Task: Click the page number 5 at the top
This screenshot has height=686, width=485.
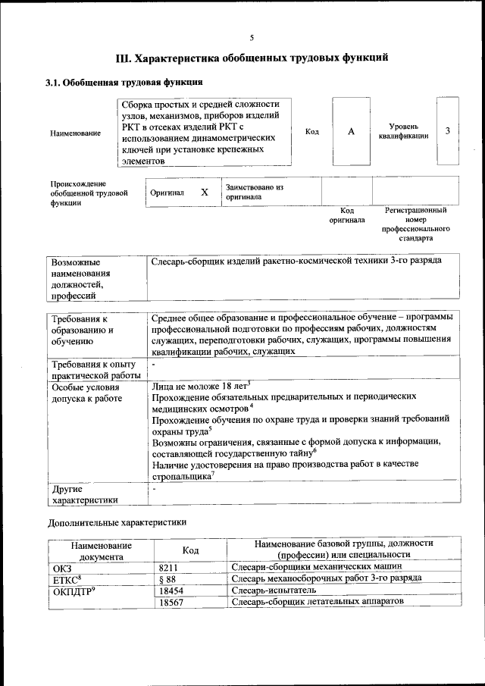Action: click(x=252, y=38)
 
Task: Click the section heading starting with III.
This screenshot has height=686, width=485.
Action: click(x=252, y=58)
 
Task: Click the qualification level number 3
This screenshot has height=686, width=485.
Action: click(x=448, y=131)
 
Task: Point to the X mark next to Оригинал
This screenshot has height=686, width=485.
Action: click(x=204, y=193)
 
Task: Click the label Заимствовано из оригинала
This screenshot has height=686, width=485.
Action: click(x=253, y=191)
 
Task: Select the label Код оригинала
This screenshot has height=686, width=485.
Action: click(x=346, y=215)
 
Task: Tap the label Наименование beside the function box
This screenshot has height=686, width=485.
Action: click(x=75, y=133)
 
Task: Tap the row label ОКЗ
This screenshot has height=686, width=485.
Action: click(x=62, y=566)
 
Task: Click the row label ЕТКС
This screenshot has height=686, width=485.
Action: click(x=67, y=578)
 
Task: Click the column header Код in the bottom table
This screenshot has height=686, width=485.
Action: click(x=191, y=550)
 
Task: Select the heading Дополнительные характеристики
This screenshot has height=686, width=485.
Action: click(x=116, y=522)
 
